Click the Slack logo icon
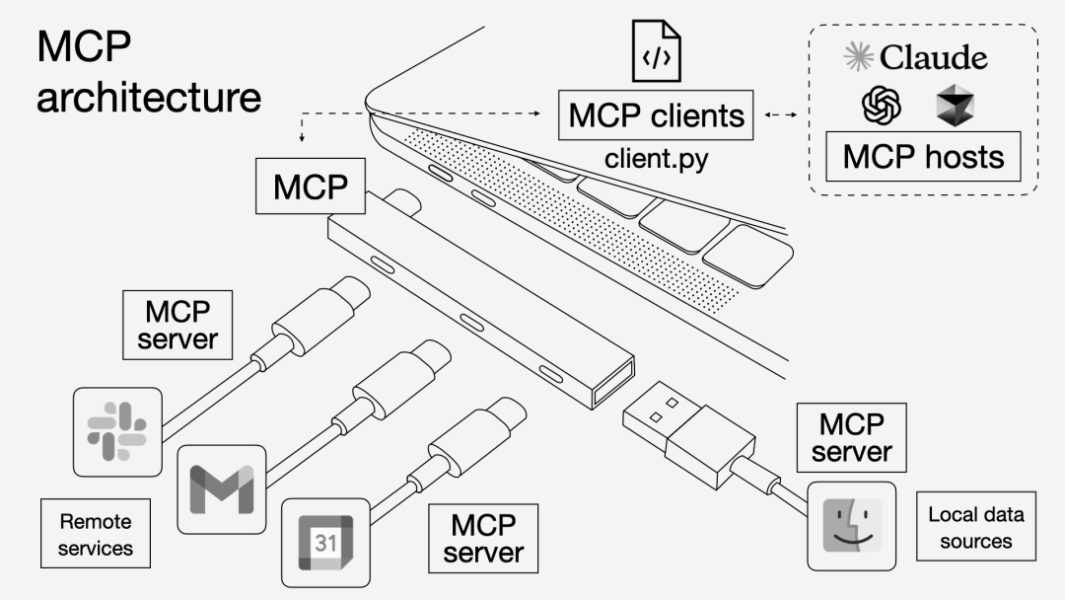116,432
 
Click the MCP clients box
656,115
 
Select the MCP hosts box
923,156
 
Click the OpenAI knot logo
882,106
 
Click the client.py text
656,158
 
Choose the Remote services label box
96,533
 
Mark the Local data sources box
975,527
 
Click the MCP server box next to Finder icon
852,438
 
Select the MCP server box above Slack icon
177,325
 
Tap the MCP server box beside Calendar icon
482,538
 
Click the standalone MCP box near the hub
311,187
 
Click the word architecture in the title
149,97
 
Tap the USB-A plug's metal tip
654,405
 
